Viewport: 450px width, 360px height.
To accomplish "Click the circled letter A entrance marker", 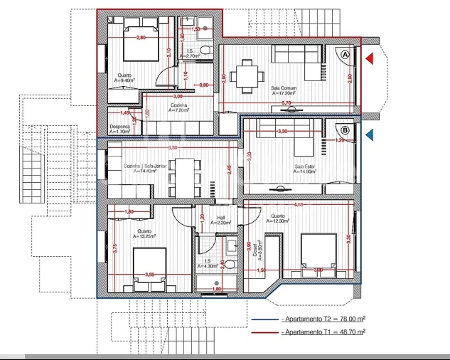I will click(x=345, y=55).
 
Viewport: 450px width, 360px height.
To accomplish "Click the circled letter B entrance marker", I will click(x=345, y=130).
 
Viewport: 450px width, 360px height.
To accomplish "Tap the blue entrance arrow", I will click(x=369, y=134).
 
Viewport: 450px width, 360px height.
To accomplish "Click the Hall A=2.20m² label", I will click(x=220, y=220).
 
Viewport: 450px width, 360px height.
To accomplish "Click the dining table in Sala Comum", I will click(x=248, y=72).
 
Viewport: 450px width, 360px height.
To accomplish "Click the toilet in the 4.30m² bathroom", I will click(x=232, y=247).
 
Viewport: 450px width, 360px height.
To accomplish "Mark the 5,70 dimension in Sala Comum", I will click(x=286, y=103).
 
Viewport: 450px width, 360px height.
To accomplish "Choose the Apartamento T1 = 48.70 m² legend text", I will click(x=323, y=332).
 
